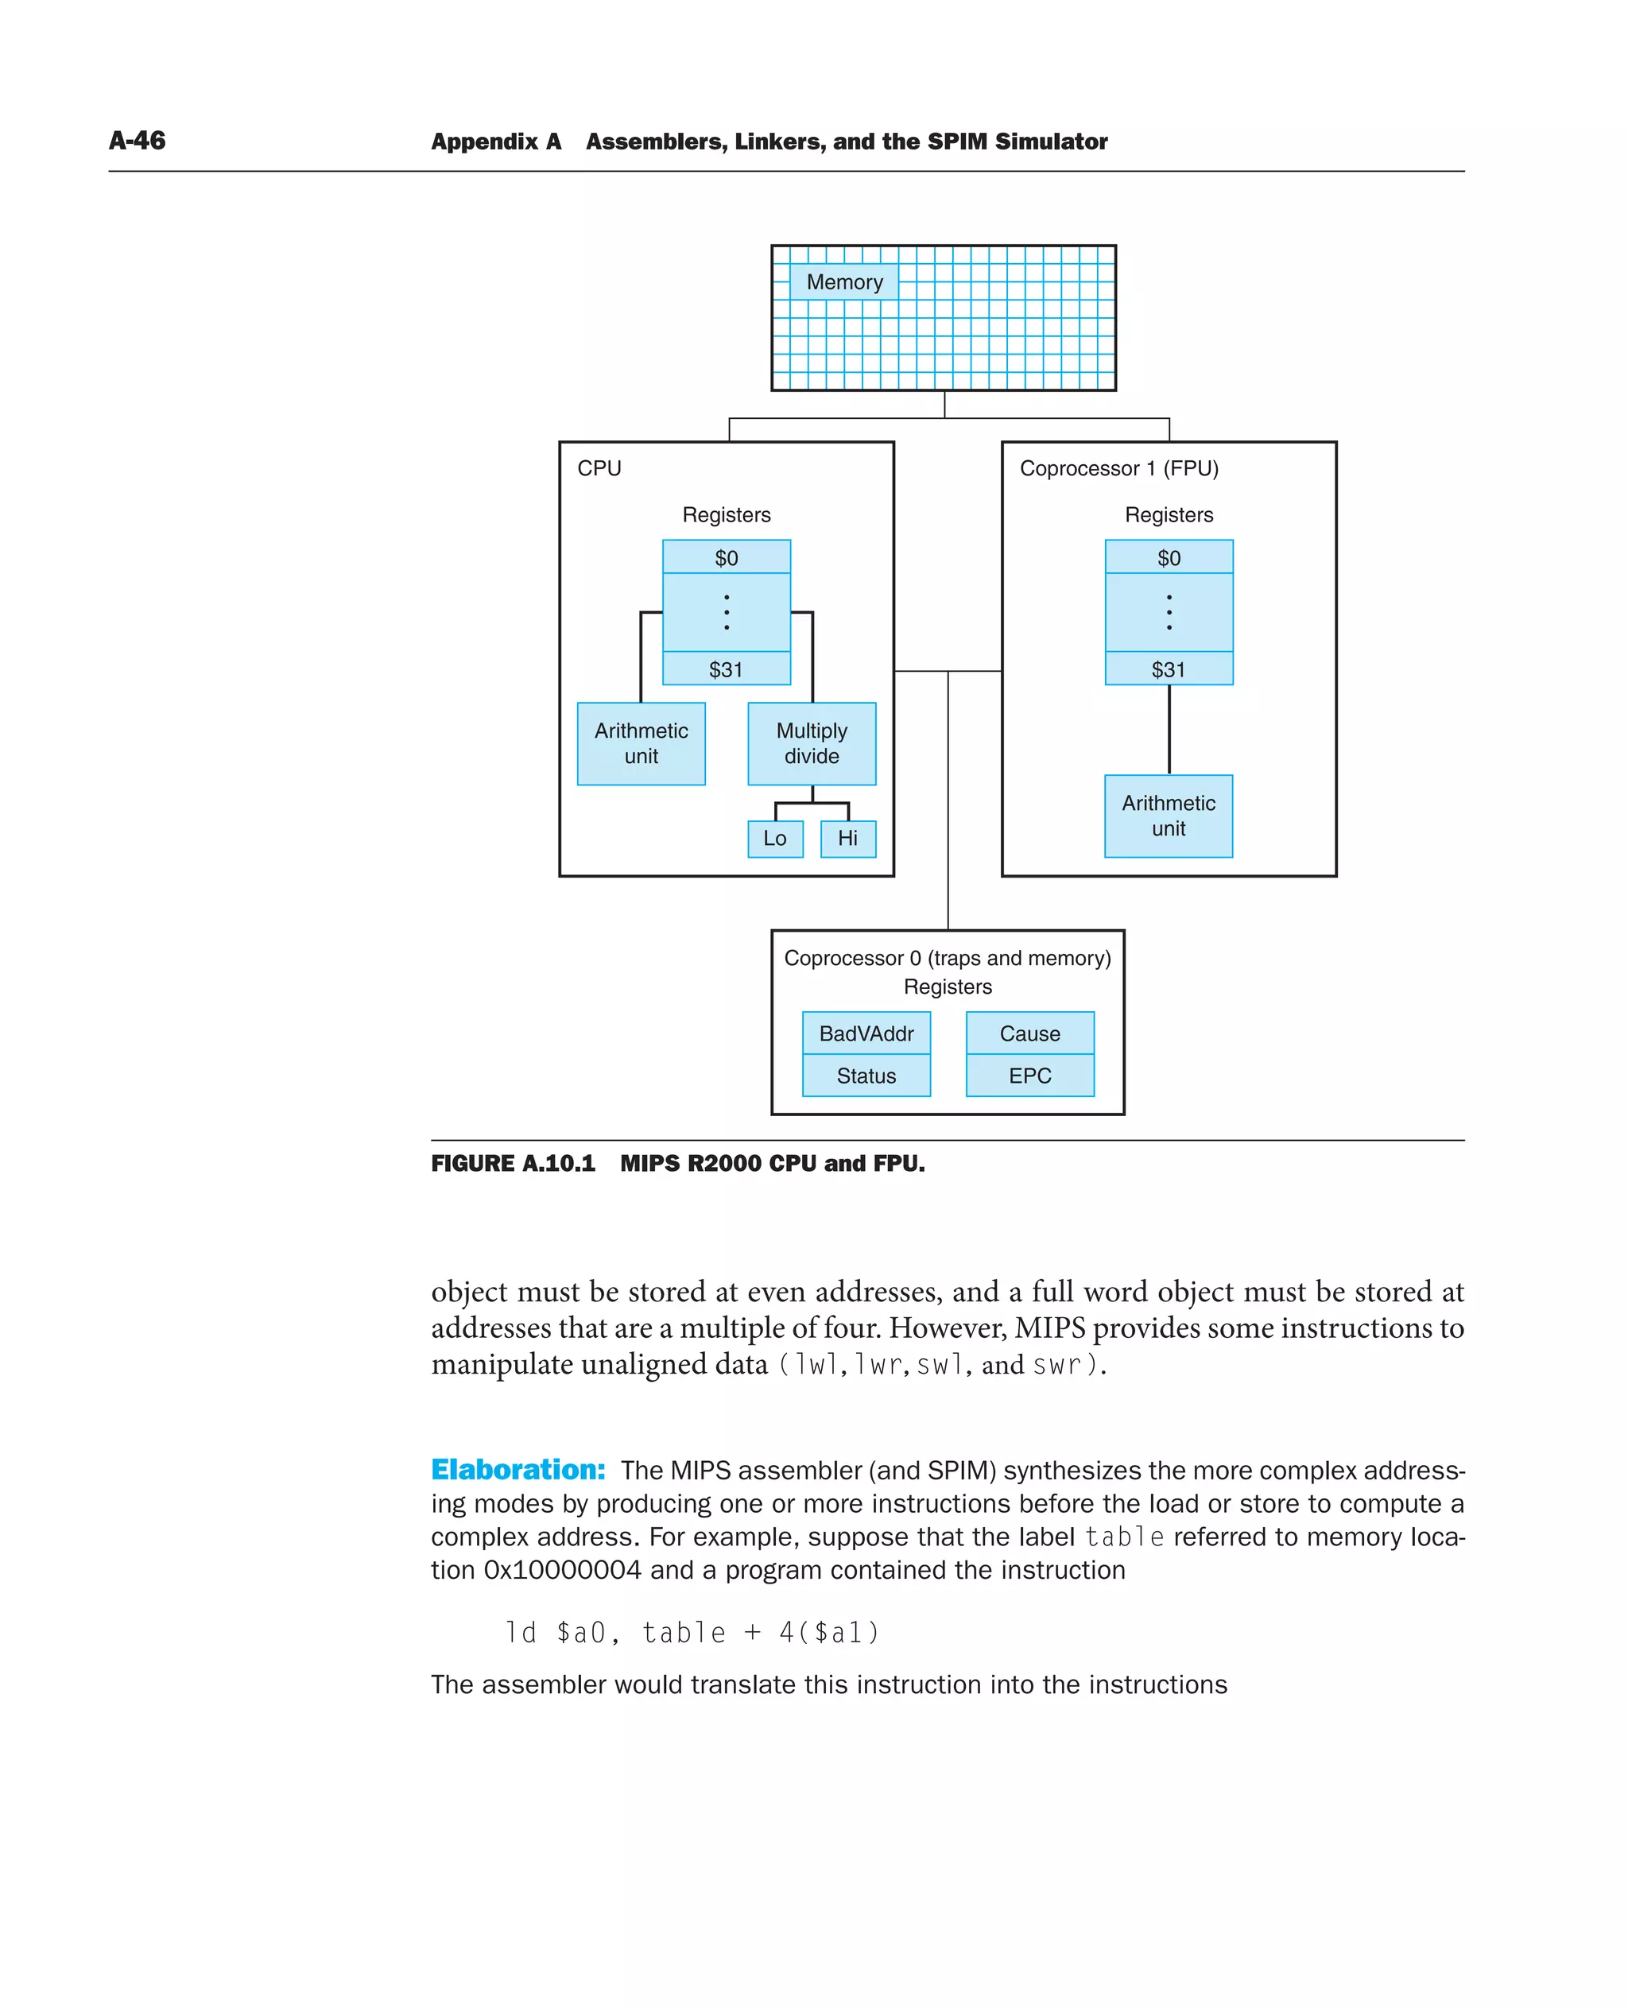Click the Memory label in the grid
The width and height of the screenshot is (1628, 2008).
click(844, 282)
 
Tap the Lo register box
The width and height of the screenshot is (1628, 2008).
click(774, 839)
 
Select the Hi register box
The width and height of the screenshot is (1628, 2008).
click(847, 839)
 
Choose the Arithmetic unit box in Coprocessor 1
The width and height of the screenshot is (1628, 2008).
click(1169, 815)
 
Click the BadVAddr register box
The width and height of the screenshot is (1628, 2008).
click(866, 1033)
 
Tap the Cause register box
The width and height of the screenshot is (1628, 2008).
click(1029, 1033)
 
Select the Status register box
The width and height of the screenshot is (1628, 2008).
click(866, 1076)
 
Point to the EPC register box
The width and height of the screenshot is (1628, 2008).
click(1029, 1076)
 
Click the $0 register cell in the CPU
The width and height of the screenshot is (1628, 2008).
click(727, 558)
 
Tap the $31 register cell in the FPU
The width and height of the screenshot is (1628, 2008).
click(1169, 669)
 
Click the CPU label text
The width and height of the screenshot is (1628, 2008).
click(599, 468)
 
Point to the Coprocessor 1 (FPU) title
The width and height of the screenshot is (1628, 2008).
click(1118, 468)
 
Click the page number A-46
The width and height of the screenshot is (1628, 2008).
click(137, 141)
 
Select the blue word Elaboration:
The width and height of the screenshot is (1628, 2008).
click(517, 1470)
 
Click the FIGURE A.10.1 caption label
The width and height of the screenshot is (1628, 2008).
click(513, 1163)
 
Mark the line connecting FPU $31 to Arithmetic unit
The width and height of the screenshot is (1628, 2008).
click(1169, 730)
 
